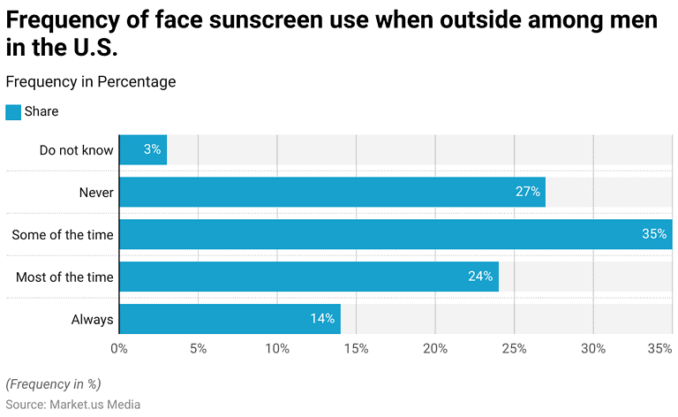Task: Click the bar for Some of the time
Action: pos(395,234)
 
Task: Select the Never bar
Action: pos(332,192)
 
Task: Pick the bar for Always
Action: pos(230,319)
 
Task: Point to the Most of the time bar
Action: pos(309,277)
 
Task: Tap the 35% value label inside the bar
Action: pos(653,234)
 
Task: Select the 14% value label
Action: pos(322,319)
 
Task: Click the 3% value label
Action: pos(153,150)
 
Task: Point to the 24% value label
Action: pos(480,277)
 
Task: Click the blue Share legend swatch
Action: pos(13,112)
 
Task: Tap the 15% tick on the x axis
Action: pos(356,349)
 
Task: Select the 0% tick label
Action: pos(119,349)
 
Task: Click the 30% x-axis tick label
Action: pos(593,349)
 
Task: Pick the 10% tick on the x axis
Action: pos(277,349)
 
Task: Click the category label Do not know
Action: pos(77,150)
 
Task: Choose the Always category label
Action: pos(92,319)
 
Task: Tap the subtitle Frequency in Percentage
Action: pos(91,81)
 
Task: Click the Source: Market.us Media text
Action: pos(73,405)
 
